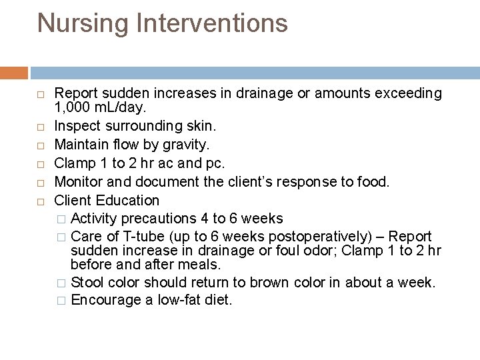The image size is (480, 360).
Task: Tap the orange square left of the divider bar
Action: pos(14,73)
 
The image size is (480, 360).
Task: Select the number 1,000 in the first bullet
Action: pos(73,107)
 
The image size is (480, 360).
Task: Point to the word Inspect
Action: pos(77,126)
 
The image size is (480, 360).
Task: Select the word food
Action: pos(373,182)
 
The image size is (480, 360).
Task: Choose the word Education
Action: pos(127,201)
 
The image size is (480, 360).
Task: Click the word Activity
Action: pos(94,219)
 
